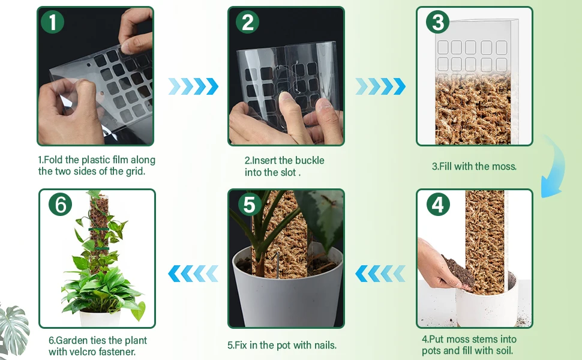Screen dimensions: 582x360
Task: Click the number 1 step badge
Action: click(x=52, y=22)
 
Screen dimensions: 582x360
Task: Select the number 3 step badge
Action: click(x=437, y=22)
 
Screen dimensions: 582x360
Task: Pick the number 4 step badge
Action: click(x=438, y=204)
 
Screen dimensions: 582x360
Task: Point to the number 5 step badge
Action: click(x=249, y=204)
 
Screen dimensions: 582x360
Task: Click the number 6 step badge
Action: click(x=60, y=204)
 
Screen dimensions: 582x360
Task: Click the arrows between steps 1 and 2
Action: click(x=193, y=86)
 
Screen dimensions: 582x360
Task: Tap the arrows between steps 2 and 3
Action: click(x=380, y=86)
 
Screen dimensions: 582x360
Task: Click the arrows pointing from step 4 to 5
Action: click(x=380, y=274)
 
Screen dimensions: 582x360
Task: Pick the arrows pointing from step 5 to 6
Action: click(x=193, y=274)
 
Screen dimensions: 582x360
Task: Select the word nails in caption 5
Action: click(x=326, y=345)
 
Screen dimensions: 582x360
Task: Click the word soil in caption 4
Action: click(x=504, y=350)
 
